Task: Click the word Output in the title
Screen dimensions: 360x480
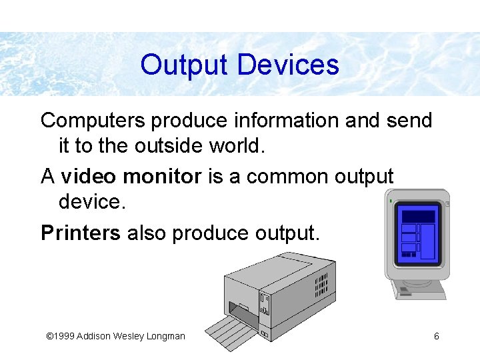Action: coord(185,65)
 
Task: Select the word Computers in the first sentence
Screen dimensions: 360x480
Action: coord(93,121)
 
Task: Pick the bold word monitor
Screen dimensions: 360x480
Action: coord(162,177)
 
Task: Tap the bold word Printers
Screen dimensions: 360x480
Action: coord(81,233)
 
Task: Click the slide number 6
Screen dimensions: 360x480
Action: coord(436,336)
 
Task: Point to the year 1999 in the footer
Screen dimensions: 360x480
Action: coord(65,336)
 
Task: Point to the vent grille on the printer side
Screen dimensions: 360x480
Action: coord(321,283)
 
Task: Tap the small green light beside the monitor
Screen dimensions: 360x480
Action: coord(389,200)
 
